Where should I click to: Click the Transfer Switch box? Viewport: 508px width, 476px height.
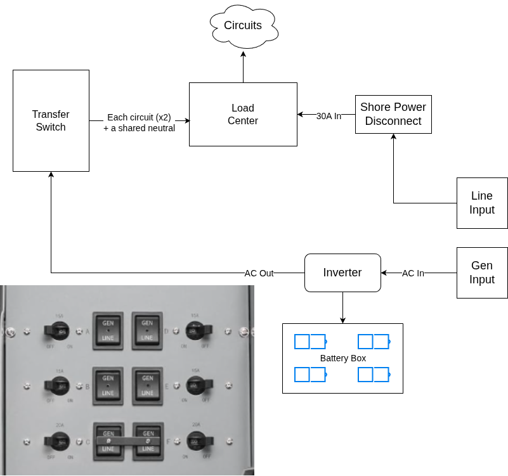click(x=51, y=120)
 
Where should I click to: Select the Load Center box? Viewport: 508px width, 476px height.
click(x=243, y=114)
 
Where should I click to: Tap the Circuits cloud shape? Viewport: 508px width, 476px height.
click(x=243, y=26)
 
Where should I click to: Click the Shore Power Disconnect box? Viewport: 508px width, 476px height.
click(x=393, y=115)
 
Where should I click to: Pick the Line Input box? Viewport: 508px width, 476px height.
click(x=482, y=203)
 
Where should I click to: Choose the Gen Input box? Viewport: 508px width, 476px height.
click(x=482, y=273)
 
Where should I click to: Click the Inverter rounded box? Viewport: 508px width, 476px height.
click(x=342, y=273)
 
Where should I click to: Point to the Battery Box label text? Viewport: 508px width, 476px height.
click(x=342, y=358)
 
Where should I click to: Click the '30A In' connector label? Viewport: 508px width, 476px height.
click(x=329, y=116)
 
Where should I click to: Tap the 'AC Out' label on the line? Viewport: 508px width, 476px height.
click(x=259, y=273)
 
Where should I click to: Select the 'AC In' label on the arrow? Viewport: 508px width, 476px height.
click(x=413, y=273)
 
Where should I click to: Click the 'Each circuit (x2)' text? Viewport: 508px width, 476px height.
click(x=139, y=117)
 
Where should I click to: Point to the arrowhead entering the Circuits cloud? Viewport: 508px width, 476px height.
click(x=243, y=54)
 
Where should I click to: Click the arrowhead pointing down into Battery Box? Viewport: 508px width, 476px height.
click(x=342, y=320)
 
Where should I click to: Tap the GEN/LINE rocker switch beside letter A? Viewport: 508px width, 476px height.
click(x=108, y=330)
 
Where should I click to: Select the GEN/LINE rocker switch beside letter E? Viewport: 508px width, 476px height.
click(x=147, y=385)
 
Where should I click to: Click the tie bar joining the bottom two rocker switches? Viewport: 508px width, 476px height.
click(x=127, y=440)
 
